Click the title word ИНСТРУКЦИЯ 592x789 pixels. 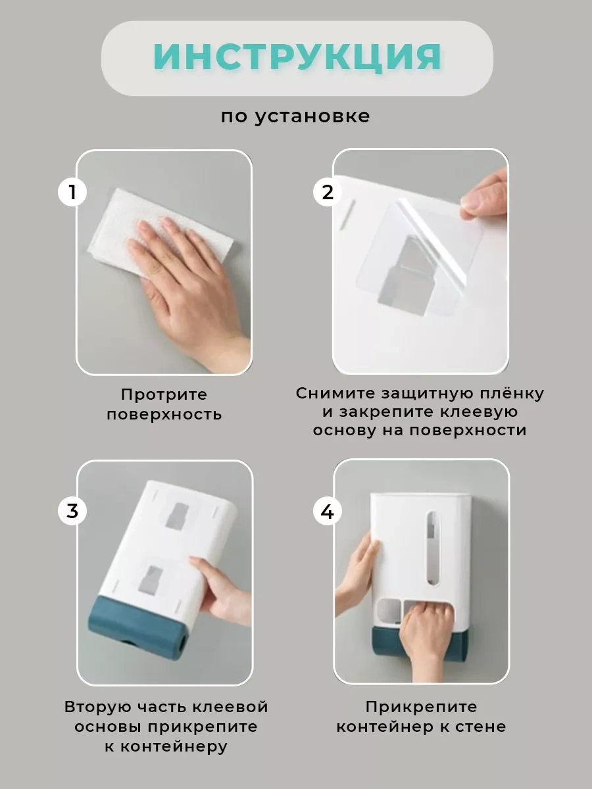297,57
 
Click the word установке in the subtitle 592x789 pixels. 312,116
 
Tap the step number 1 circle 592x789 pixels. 72,192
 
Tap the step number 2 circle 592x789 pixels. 327,192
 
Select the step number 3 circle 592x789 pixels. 72,511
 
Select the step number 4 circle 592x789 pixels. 327,511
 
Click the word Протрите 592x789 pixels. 164,395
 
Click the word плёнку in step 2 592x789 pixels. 511,393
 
